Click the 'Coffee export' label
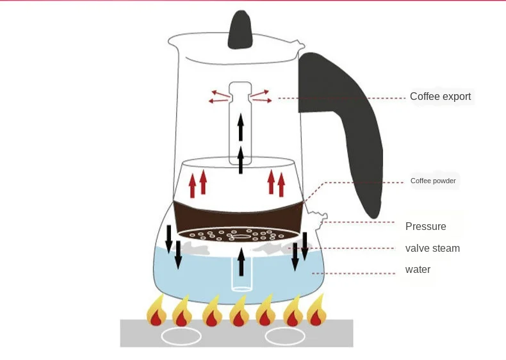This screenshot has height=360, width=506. (440, 96)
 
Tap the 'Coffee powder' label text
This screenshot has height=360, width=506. (433, 181)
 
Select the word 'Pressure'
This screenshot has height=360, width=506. (426, 226)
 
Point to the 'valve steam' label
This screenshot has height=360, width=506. (432, 249)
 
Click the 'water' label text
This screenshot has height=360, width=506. (418, 269)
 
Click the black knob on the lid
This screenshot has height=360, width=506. (240, 29)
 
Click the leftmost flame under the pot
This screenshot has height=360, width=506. (156, 310)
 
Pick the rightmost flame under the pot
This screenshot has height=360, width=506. (316, 309)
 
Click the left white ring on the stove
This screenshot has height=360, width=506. (181, 336)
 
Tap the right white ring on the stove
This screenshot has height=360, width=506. (285, 336)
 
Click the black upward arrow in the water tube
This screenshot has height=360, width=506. (241, 261)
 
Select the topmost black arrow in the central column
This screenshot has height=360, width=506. (240, 127)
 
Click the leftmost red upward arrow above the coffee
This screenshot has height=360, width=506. (192, 186)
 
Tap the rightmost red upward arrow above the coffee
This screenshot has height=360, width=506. (281, 184)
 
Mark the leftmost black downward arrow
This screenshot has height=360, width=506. (168, 239)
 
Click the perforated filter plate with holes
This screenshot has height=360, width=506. (238, 235)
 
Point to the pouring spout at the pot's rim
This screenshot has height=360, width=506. (300, 44)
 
